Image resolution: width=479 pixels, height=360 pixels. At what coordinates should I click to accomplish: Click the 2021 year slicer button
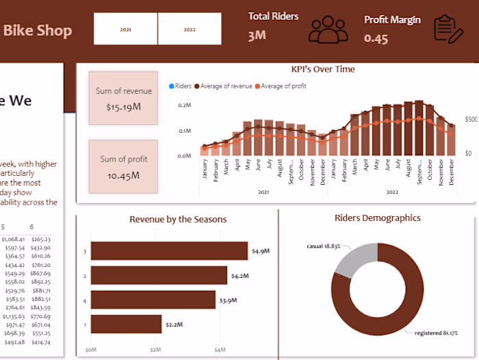click(x=126, y=29)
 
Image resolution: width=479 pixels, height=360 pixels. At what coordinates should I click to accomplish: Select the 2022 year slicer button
click(x=190, y=29)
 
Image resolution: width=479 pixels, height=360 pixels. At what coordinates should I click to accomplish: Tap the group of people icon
click(x=328, y=29)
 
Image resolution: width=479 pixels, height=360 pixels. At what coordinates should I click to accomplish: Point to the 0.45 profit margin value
click(x=376, y=39)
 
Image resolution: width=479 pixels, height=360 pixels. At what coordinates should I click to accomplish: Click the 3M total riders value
click(x=257, y=36)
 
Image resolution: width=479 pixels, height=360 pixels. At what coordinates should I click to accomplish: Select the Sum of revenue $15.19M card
click(x=123, y=98)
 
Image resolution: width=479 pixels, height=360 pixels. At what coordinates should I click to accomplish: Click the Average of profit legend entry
click(x=283, y=86)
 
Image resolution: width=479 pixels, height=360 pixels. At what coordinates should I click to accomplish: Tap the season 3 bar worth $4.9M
click(x=169, y=251)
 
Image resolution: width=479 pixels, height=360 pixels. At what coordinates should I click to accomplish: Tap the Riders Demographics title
click(x=377, y=218)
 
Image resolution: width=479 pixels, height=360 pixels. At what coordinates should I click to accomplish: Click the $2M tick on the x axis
click(x=155, y=350)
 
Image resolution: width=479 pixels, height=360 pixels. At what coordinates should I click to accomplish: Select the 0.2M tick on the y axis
click(x=184, y=105)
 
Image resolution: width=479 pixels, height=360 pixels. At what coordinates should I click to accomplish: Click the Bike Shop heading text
click(x=38, y=30)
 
